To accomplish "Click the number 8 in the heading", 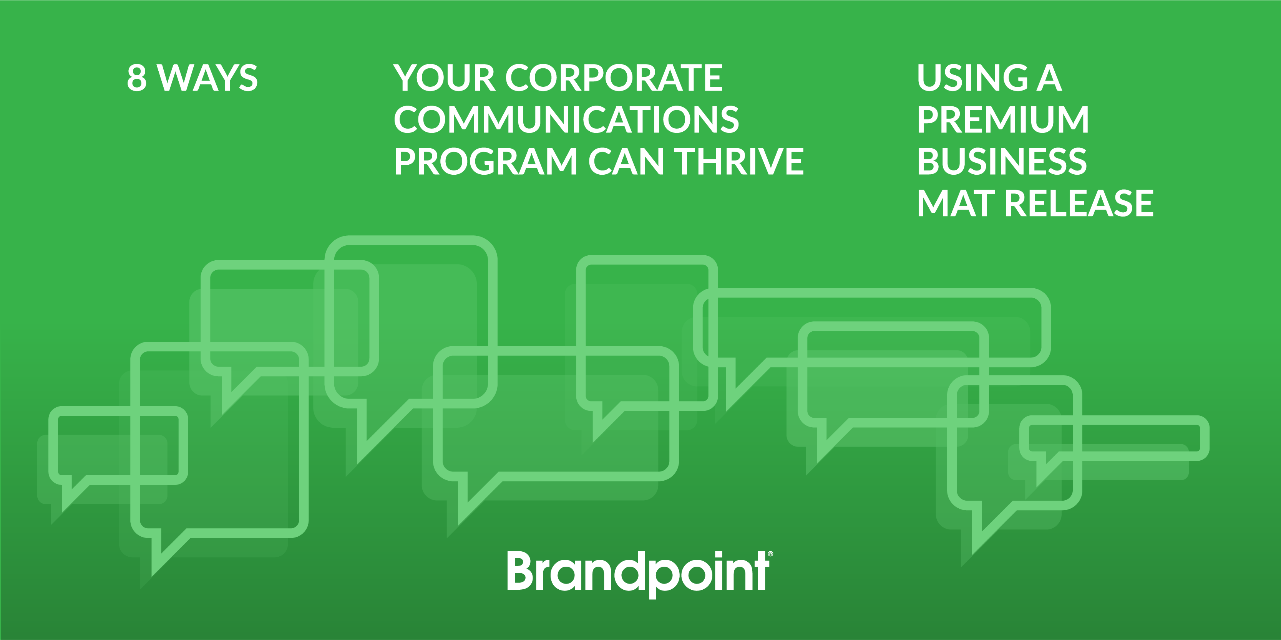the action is click(x=137, y=78).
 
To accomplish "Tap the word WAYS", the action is click(x=207, y=78).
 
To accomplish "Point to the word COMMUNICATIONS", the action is click(x=566, y=120).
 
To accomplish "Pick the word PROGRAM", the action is click(x=485, y=162).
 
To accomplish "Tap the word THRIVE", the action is click(x=739, y=162).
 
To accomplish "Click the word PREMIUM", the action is click(x=1003, y=120).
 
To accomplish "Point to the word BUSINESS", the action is click(x=1002, y=162).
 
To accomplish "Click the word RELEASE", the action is click(x=1079, y=203).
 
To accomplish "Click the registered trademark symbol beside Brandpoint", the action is click(x=770, y=553).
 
